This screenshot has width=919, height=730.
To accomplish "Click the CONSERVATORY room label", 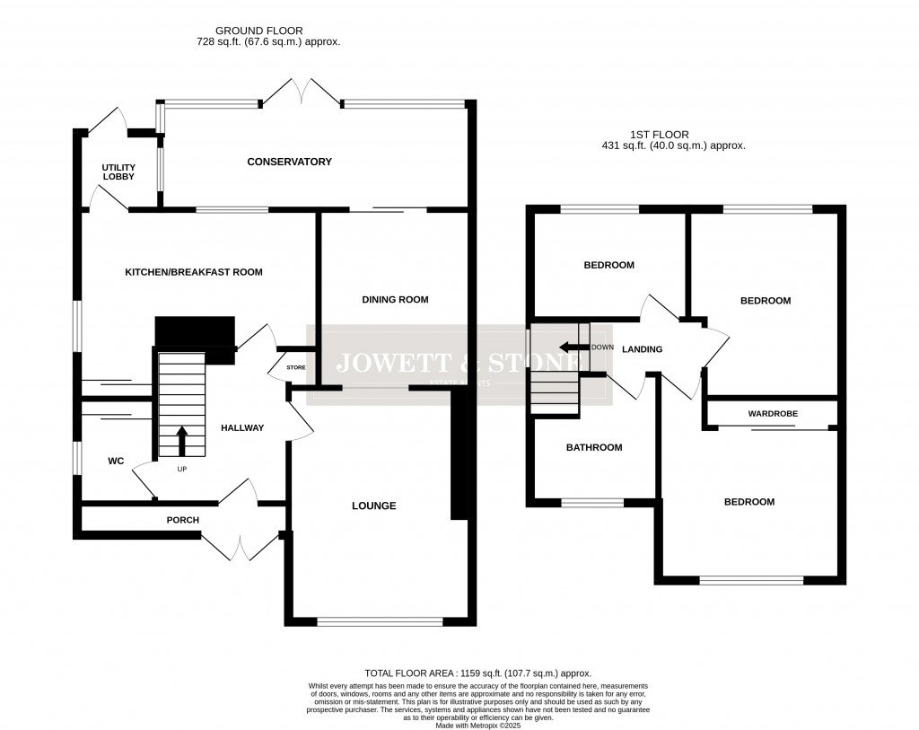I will click(289, 163).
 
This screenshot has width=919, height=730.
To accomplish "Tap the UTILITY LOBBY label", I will click(118, 172).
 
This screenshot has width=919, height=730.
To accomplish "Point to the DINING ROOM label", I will click(395, 300).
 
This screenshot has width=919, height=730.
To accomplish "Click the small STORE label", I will click(295, 367).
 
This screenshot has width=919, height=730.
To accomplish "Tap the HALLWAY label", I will click(242, 428).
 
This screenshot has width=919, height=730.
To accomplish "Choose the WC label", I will click(116, 462).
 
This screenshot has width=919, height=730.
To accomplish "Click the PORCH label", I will click(182, 520).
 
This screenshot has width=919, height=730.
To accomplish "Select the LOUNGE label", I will click(373, 506).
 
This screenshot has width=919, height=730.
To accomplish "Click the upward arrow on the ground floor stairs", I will click(182, 441).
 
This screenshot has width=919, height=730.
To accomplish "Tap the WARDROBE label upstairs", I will click(773, 414).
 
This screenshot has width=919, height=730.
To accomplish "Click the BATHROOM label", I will click(593, 447).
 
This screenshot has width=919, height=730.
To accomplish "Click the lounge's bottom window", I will click(380, 620).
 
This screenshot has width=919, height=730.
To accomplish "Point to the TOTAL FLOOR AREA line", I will click(477, 673).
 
